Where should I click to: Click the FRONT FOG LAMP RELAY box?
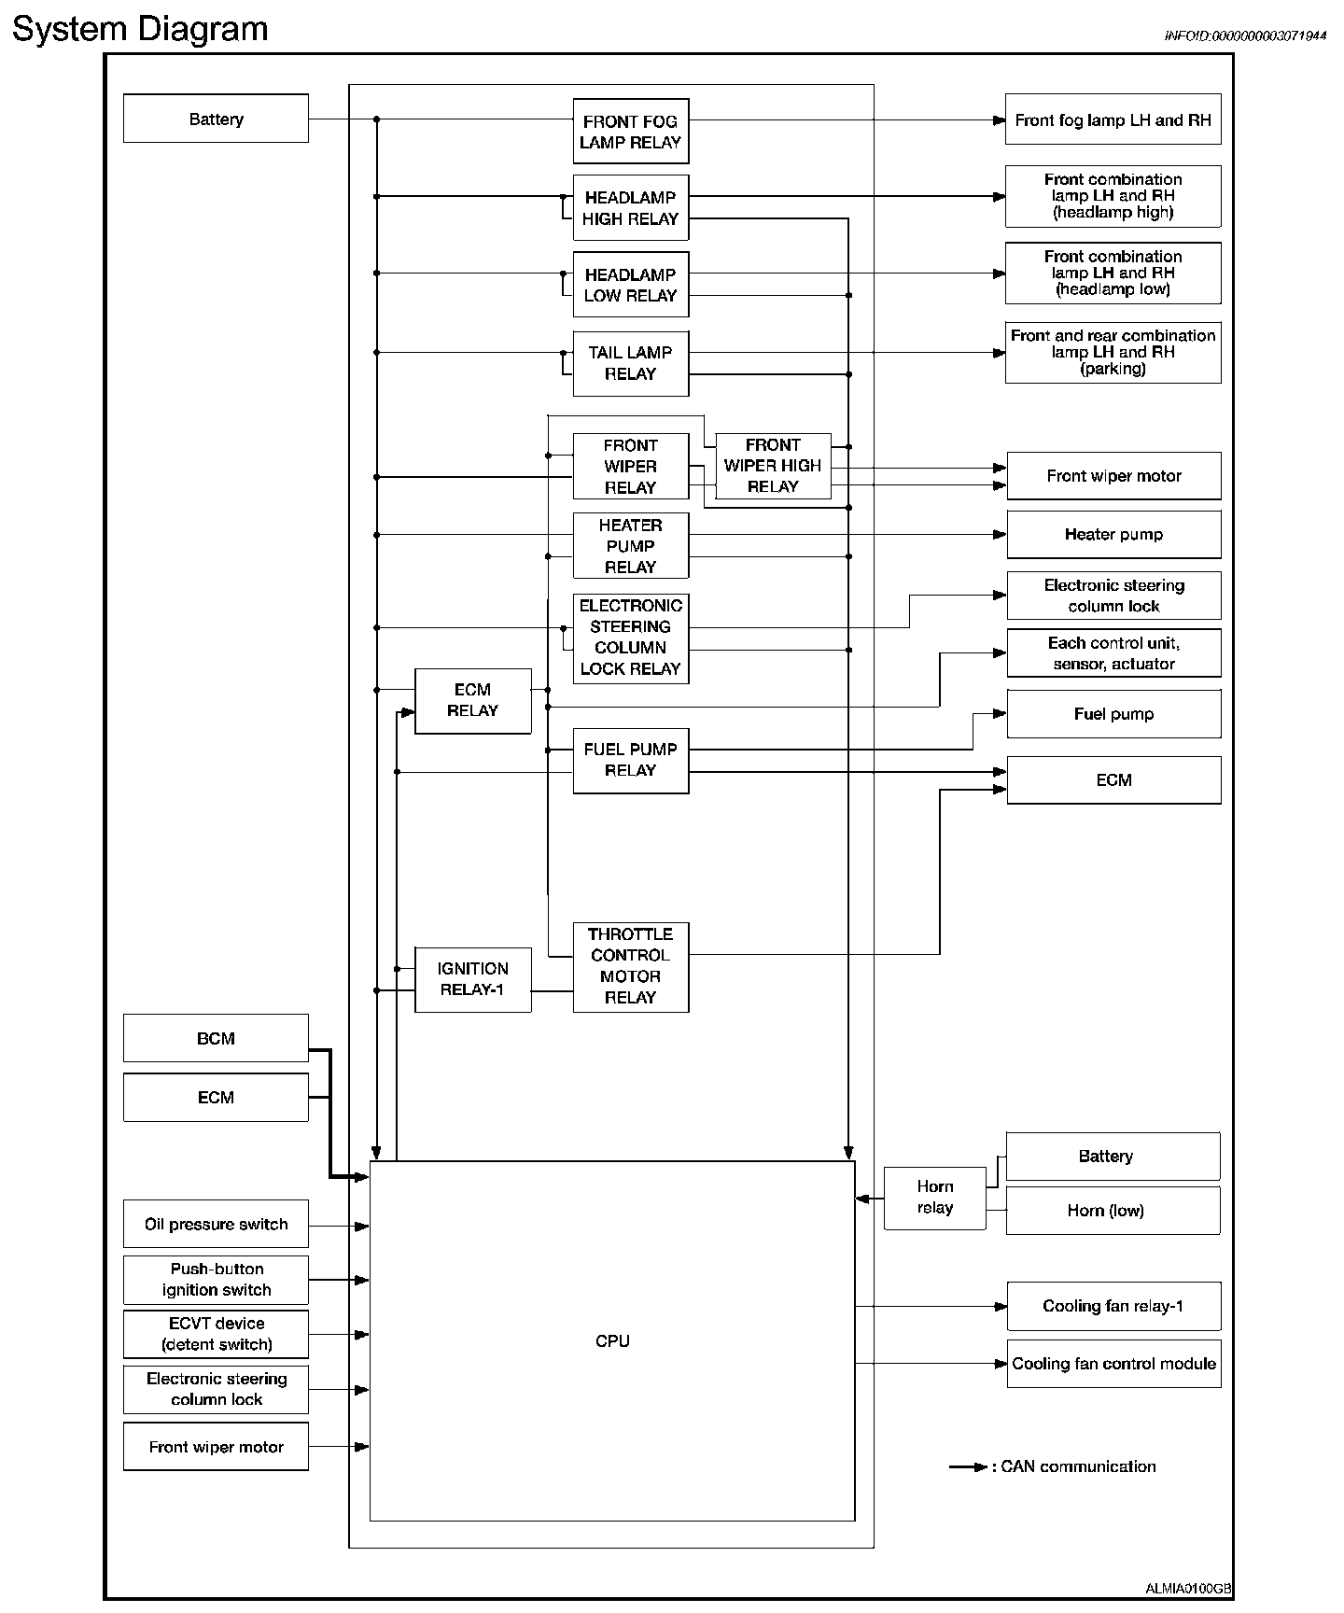[x=630, y=132]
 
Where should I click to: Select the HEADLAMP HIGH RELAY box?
[x=630, y=208]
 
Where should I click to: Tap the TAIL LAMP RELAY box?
[x=630, y=363]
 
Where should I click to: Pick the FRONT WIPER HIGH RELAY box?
[x=773, y=466]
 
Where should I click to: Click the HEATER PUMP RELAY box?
[x=630, y=546]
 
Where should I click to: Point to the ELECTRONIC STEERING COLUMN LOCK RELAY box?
[x=630, y=638]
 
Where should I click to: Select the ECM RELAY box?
[x=472, y=700]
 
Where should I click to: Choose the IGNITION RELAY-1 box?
[x=472, y=979]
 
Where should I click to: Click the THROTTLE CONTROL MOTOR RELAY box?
[x=630, y=966]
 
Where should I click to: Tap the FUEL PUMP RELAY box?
[x=630, y=760]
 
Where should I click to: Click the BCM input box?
[x=216, y=1038]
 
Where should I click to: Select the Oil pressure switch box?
[x=216, y=1224]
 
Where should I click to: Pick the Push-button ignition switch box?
[x=216, y=1280]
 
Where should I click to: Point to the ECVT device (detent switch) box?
[x=216, y=1334]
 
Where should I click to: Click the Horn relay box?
[x=934, y=1198]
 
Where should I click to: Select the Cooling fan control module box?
[x=1113, y=1364]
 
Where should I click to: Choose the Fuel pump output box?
[x=1113, y=714]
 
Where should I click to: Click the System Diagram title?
[x=140, y=29]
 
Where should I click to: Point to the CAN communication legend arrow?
[x=968, y=1467]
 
